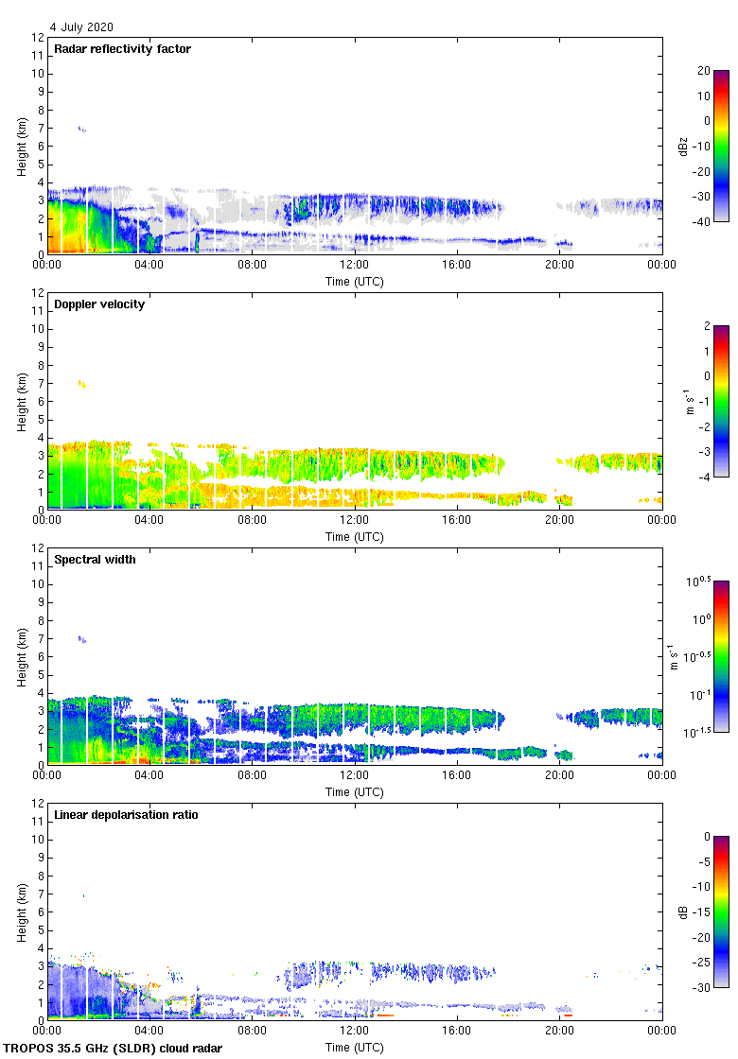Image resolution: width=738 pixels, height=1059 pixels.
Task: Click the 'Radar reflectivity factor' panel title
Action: coord(122,49)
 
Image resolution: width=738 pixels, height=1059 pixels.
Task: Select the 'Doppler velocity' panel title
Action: coord(99,304)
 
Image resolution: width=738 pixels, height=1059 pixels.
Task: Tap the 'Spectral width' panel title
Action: coord(95,560)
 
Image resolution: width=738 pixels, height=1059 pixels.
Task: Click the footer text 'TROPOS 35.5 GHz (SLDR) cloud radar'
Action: coord(113,1049)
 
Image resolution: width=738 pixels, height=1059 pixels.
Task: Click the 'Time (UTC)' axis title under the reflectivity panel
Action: coord(354,281)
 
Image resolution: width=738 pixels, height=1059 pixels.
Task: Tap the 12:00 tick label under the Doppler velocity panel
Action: coord(354,521)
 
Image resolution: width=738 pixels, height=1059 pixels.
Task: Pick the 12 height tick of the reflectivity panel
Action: coord(38,38)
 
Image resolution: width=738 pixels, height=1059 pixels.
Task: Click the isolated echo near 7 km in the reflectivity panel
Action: coord(82,129)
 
